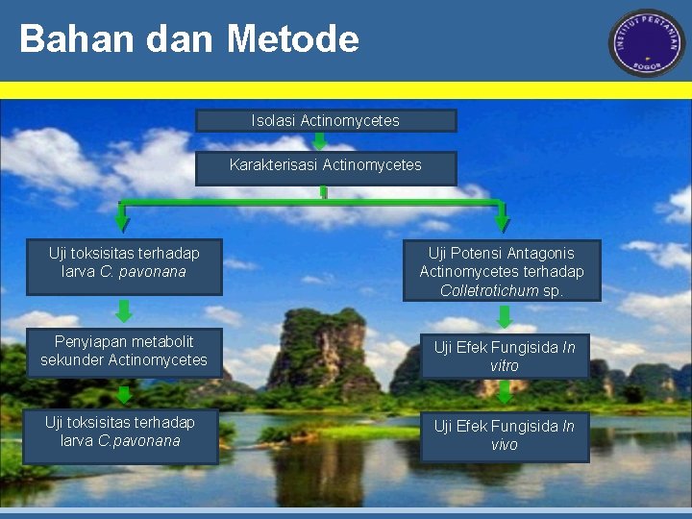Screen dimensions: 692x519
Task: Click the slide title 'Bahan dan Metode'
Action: coord(188,39)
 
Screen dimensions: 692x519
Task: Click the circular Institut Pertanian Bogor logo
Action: coord(646,43)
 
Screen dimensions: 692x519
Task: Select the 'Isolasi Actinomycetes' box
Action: coord(326,120)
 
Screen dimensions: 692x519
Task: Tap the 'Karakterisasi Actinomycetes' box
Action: coord(326,165)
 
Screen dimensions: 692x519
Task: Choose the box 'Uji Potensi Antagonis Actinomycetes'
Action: coord(502,271)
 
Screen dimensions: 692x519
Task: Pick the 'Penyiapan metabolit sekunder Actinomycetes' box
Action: coord(124,351)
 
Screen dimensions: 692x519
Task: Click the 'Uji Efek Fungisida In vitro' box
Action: coord(505,357)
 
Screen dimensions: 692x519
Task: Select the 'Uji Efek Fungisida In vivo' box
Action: coord(505,435)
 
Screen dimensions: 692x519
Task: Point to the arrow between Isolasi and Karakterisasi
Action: coord(319,141)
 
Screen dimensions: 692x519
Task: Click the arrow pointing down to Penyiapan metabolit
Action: coord(124,310)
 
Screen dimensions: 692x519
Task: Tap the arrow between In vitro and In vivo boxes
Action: coord(505,392)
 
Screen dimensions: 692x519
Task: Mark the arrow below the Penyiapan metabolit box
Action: coord(124,394)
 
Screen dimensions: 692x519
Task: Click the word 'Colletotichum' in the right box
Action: coord(489,290)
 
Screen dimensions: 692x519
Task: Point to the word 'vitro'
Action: coord(505,366)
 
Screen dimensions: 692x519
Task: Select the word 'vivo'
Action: coord(505,445)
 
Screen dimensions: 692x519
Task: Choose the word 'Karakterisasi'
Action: coord(273,165)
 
